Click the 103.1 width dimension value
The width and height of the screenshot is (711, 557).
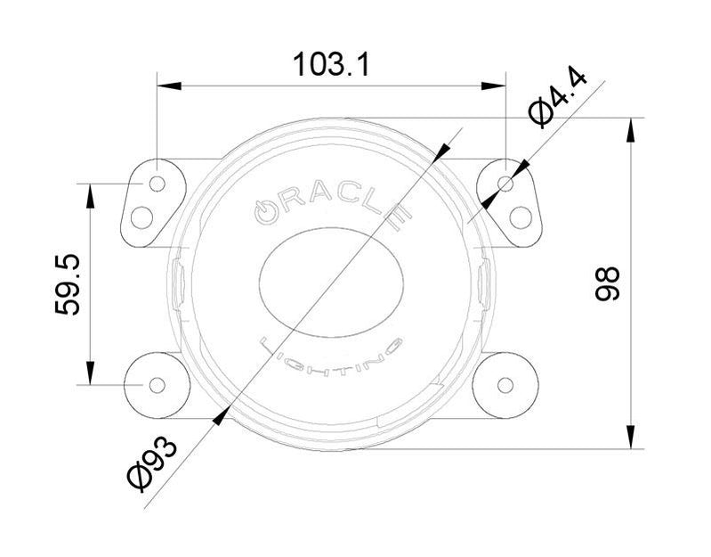pos(331,63)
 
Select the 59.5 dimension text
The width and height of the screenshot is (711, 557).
pos(67,284)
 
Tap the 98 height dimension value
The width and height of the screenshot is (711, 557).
pos(607,283)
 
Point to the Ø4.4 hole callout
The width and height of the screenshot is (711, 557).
pos(558,97)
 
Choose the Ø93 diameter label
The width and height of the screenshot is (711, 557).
pos(152,463)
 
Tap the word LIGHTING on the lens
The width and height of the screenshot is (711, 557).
pos(331,356)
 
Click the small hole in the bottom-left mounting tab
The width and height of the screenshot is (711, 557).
pos(157,385)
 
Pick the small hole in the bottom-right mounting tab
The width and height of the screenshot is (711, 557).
pos(505,385)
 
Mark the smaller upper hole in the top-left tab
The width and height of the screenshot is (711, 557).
pos(157,184)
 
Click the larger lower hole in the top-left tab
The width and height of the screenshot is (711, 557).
pos(141,217)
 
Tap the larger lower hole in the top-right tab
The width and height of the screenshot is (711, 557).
pos(521,217)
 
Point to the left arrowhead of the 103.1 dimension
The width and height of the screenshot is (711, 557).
pos(169,86)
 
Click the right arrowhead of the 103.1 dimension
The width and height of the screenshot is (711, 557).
pos(493,86)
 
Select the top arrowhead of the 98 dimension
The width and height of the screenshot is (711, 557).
pos(630,130)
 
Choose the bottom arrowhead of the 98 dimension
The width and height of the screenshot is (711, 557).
pos(630,437)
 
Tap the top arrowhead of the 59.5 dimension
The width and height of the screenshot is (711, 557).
pos(90,196)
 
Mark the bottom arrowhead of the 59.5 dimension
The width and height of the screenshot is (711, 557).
pos(90,373)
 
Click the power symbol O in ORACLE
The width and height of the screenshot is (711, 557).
pos(265,212)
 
